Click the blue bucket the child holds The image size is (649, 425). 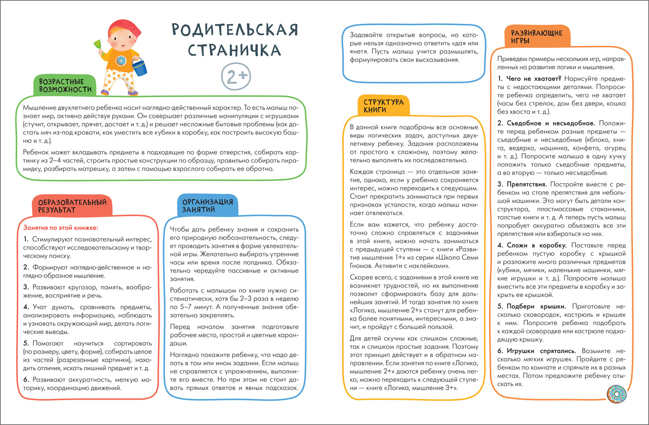(x=140, y=67)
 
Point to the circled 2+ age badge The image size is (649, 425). (x=236, y=76)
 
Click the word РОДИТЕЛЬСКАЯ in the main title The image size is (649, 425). (x=235, y=30)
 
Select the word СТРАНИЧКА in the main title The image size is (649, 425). (x=235, y=50)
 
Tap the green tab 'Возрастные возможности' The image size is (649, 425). (x=65, y=85)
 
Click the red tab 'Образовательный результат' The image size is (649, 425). (x=72, y=206)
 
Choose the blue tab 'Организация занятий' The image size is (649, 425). (x=207, y=205)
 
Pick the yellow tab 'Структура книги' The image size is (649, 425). (x=383, y=106)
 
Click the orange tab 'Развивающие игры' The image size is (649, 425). (x=536, y=37)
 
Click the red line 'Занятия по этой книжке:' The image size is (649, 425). (x=61, y=228)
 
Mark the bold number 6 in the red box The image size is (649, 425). (x=26, y=379)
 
